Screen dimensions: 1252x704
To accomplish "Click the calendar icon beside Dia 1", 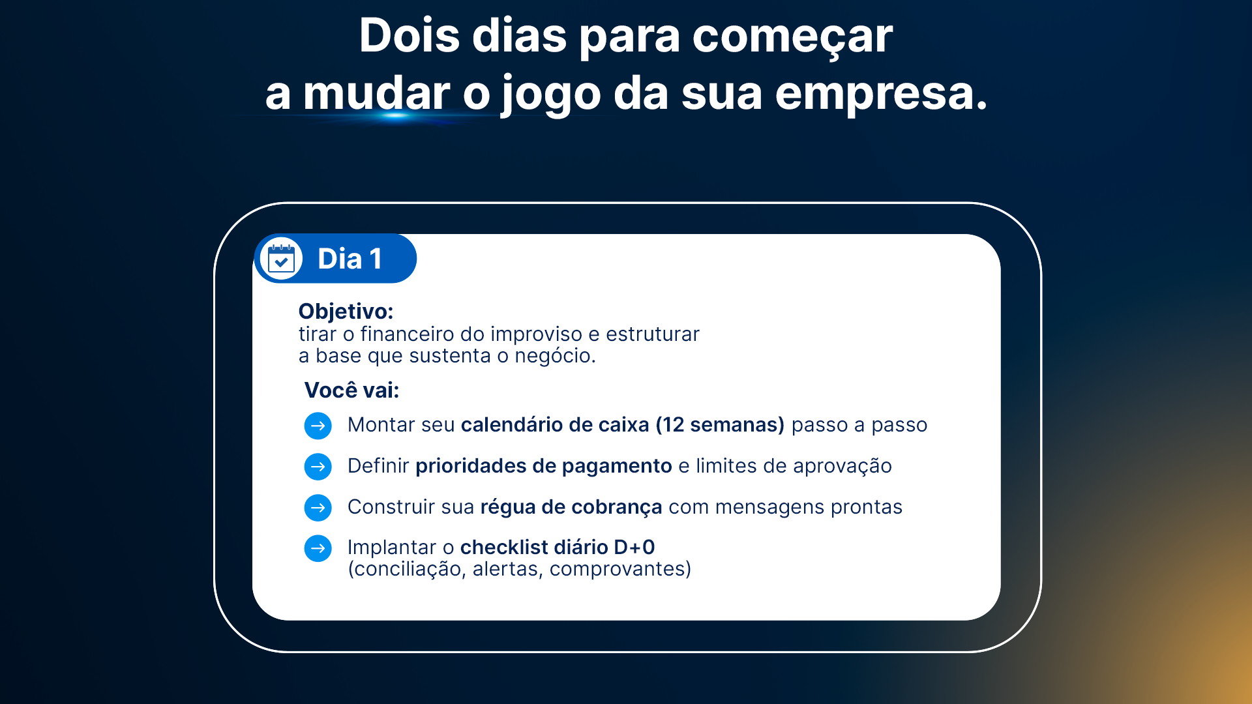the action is point(281,259).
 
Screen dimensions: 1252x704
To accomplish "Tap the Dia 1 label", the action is point(350,259).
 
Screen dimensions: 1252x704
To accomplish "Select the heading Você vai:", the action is point(351,390).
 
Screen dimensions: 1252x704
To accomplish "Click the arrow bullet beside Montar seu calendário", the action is point(318,426).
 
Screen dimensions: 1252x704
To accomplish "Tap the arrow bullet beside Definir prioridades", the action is point(318,467).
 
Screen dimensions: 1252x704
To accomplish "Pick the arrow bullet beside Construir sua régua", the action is point(318,508).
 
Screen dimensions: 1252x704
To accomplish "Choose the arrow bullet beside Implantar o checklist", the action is point(318,548).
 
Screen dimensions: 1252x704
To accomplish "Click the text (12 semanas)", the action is point(720,425).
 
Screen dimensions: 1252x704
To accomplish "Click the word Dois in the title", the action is point(410,35).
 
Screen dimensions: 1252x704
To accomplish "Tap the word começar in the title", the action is point(792,38).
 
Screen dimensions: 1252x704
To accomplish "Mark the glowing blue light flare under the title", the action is point(395,116).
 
